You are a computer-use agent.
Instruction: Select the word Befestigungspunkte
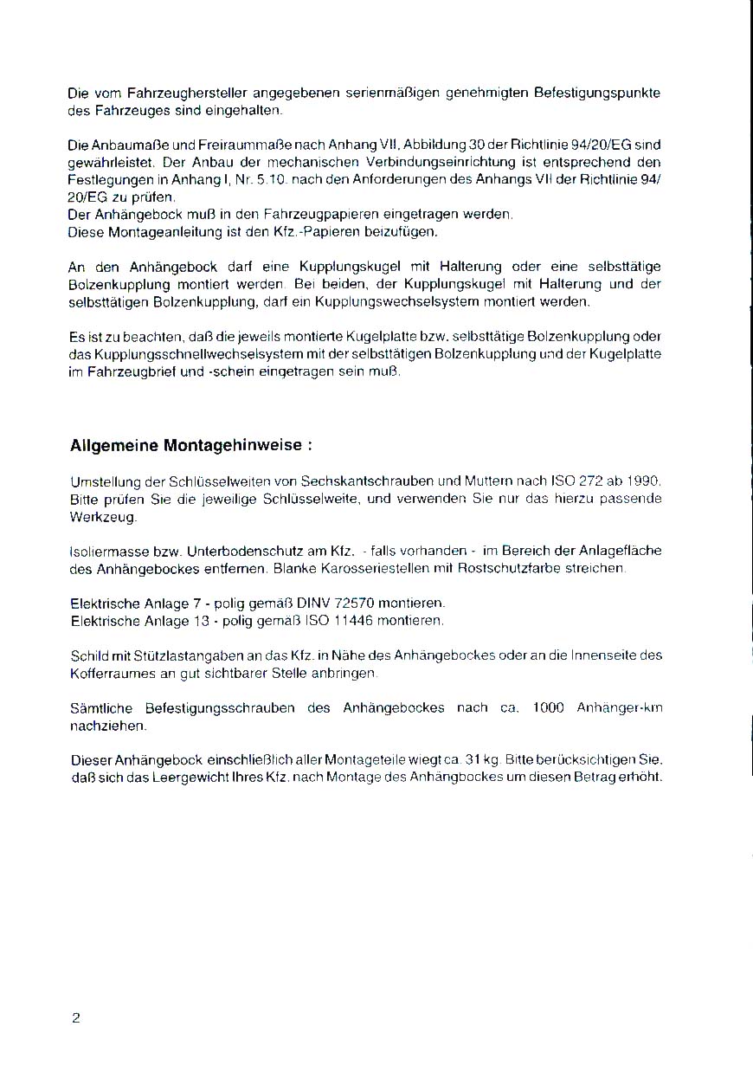coord(602,93)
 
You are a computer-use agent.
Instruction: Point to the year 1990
coord(644,481)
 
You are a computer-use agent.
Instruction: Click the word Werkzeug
coord(101,516)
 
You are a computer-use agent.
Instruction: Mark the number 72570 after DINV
coord(352,603)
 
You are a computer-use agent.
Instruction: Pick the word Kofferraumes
coord(111,673)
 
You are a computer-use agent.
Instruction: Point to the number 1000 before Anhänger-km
coord(549,707)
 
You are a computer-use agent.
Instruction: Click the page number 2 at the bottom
coord(75,1018)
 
